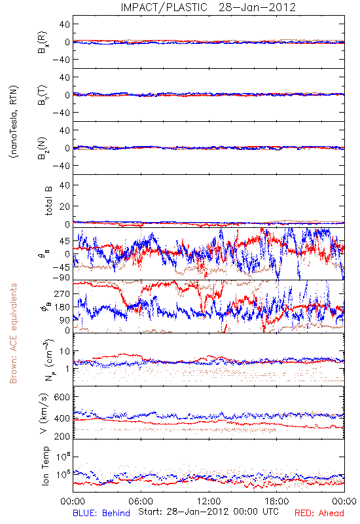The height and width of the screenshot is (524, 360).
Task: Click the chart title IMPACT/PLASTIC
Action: (x=164, y=7)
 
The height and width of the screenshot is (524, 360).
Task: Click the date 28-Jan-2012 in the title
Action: (x=257, y=7)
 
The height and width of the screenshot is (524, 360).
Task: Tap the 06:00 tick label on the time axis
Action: (x=141, y=502)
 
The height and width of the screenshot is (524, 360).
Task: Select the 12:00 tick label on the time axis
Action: (x=209, y=502)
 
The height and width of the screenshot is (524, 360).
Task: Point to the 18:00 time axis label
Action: (x=277, y=502)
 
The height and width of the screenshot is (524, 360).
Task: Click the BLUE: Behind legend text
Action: (x=101, y=513)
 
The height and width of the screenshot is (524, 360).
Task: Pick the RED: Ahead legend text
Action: (x=319, y=513)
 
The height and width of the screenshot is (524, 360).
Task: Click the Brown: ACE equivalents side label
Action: (x=13, y=333)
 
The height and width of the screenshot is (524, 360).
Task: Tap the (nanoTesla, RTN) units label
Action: (x=14, y=122)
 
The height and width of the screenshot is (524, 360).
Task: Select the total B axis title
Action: (x=48, y=201)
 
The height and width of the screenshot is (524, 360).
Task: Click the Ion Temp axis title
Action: (x=45, y=466)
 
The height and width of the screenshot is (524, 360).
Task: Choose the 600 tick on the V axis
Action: (x=62, y=397)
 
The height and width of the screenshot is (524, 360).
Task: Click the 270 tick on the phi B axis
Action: (x=62, y=293)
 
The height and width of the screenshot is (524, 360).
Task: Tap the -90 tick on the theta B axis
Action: (x=61, y=278)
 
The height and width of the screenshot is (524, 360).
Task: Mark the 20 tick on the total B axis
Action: (x=64, y=206)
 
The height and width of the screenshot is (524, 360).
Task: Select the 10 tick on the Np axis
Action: (x=65, y=351)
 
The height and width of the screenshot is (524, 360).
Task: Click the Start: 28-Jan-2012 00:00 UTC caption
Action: (x=208, y=512)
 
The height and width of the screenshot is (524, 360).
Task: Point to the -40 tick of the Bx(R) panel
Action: (x=61, y=60)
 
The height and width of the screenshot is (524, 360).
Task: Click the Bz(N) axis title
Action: (x=43, y=148)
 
